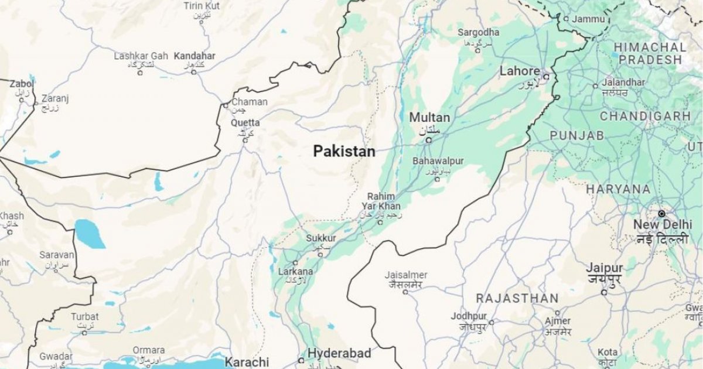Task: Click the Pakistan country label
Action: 344,152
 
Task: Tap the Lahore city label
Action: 519,71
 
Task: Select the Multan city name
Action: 429,118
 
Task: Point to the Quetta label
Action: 245,123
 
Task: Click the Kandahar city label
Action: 194,56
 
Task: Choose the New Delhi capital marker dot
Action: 661,214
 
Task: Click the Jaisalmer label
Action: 406,275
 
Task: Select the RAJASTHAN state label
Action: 517,298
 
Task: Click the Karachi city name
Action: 247,361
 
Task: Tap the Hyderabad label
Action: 339,353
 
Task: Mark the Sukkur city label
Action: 321,238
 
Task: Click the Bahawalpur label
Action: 438,160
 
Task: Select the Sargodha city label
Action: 478,33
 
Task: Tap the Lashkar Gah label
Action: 141,56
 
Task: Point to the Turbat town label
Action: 85,317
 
